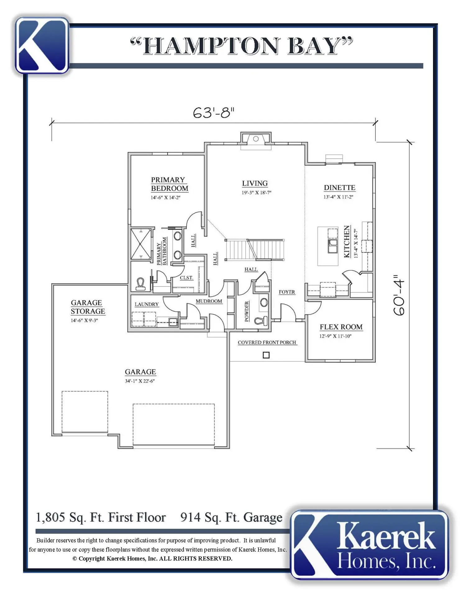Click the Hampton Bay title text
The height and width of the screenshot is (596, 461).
(x=241, y=46)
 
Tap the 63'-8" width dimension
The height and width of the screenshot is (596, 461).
(x=213, y=113)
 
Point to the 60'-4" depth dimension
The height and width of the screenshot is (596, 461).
(x=399, y=295)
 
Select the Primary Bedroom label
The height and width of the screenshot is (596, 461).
(x=170, y=184)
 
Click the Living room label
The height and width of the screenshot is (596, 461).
(x=255, y=183)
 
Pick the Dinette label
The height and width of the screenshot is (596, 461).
(x=340, y=188)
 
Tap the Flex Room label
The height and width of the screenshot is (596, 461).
(x=341, y=327)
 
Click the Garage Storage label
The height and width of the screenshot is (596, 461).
(x=88, y=307)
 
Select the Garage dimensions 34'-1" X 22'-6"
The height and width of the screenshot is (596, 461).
(x=140, y=381)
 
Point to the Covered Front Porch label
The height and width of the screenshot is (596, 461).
(x=267, y=342)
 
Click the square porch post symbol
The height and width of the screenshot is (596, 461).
(x=266, y=355)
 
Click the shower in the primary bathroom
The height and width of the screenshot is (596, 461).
(x=141, y=244)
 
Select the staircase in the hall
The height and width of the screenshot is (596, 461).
(x=255, y=249)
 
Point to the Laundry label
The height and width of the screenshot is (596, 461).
(x=147, y=304)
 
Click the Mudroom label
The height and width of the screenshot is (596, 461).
(x=209, y=301)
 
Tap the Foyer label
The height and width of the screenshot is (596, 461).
(x=287, y=292)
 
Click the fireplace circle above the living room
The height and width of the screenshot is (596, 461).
(x=256, y=139)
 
